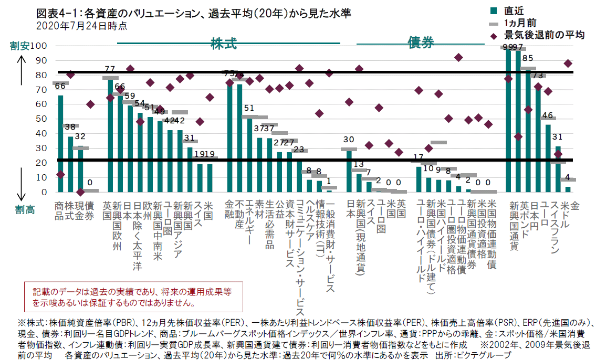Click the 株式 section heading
click(224, 44)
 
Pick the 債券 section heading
click(421, 44)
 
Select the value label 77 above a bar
click(110, 69)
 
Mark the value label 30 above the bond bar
click(348, 140)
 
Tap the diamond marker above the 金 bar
click(568, 63)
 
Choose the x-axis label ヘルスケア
click(310, 215)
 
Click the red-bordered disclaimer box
click(133, 297)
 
